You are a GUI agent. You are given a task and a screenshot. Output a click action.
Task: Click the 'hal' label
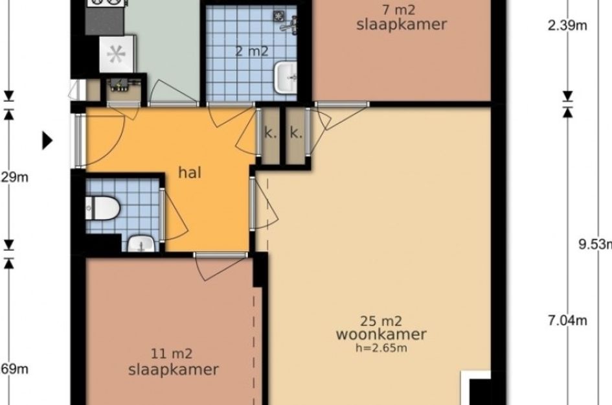tap(190, 172)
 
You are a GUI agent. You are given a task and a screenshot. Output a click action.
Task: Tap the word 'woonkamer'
tap(381, 334)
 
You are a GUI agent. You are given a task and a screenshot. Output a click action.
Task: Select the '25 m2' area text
tap(381, 320)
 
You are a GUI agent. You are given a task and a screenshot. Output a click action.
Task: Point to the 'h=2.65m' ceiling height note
tap(381, 348)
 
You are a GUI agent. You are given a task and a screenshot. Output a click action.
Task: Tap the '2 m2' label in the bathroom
tap(252, 51)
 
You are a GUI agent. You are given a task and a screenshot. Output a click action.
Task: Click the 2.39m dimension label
tap(567, 25)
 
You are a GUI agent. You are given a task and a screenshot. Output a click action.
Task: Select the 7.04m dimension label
tap(567, 320)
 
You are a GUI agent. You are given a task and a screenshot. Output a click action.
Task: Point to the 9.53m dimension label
tap(595, 244)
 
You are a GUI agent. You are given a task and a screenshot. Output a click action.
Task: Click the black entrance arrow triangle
tap(47, 140)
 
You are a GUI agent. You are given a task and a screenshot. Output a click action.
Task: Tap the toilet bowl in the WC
tap(104, 207)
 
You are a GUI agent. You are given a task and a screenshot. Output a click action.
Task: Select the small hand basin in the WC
tap(141, 244)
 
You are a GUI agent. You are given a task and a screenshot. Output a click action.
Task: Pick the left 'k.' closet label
tap(269, 134)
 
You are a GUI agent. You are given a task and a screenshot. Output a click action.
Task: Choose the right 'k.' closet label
tap(296, 134)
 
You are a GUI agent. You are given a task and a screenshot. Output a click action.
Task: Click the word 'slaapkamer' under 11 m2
tap(173, 369)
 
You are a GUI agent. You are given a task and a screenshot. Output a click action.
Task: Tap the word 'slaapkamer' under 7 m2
tap(402, 25)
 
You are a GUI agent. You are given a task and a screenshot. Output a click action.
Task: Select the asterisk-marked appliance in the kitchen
tap(115, 55)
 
